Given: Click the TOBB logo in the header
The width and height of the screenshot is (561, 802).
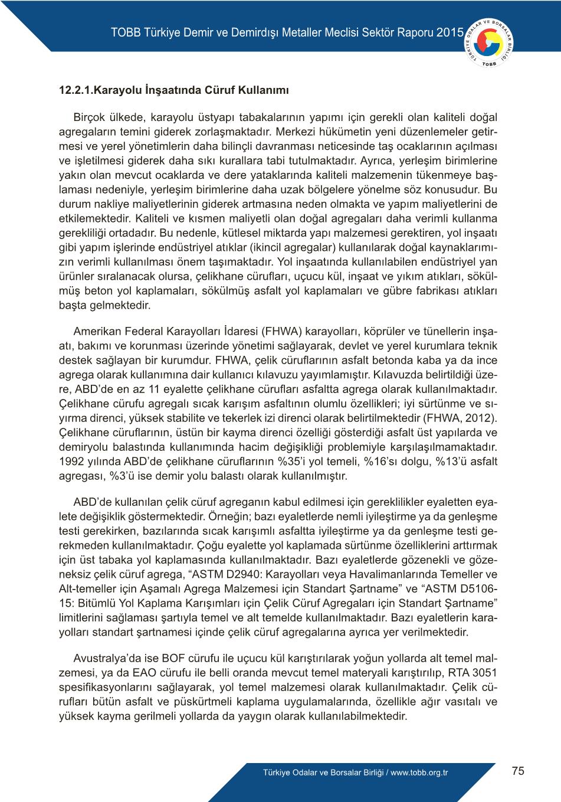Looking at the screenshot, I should click(489, 42).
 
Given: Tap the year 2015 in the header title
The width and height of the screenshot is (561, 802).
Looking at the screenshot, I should click(450, 32).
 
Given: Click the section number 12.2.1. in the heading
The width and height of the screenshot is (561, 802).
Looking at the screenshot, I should click(76, 90).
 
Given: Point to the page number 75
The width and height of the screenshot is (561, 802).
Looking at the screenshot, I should click(518, 771).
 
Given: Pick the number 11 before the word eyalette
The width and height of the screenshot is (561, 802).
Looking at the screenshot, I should click(154, 389).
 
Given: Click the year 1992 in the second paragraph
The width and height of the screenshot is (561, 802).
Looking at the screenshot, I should click(71, 461).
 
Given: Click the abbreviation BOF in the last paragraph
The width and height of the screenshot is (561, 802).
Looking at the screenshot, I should click(173, 658).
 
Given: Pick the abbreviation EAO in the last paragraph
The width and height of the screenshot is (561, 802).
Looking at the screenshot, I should click(145, 673).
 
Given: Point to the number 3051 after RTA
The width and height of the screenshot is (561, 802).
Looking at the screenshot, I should click(484, 673).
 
